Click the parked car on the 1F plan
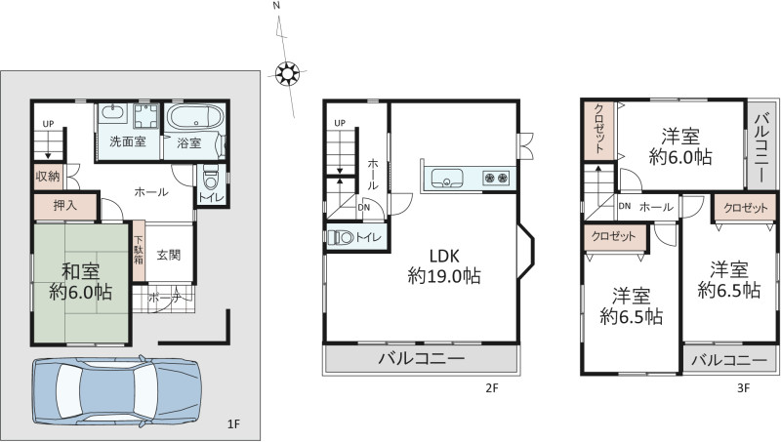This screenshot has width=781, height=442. pyautogui.click(x=116, y=391)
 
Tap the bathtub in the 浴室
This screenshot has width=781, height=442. pyautogui.click(x=194, y=119)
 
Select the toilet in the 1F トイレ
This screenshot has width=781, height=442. pyautogui.click(x=211, y=180)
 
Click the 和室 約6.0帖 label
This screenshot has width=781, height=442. pyautogui.click(x=80, y=282)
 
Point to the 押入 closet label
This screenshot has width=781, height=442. pyautogui.click(x=65, y=206)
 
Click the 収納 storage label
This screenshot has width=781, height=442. pyautogui.click(x=48, y=176)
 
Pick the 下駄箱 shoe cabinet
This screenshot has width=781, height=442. pyautogui.click(x=139, y=251)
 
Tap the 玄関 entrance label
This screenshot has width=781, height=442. pyautogui.click(x=168, y=255)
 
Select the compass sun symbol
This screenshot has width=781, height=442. pyautogui.click(x=287, y=74)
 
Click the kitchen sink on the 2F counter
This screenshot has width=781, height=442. pyautogui.click(x=447, y=178)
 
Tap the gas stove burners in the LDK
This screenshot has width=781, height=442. pyautogui.click(x=496, y=178)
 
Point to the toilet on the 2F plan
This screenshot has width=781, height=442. pyautogui.click(x=340, y=237)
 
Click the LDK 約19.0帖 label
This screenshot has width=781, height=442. pyautogui.click(x=444, y=265)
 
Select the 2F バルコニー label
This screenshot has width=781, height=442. pyautogui.click(x=422, y=358)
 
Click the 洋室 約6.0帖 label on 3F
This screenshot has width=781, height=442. pyautogui.click(x=680, y=146)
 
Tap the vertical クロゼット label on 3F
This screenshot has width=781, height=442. pyautogui.click(x=599, y=130)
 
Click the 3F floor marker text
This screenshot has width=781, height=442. pyautogui.click(x=743, y=388)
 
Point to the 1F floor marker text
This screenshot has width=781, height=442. pyautogui.click(x=233, y=424)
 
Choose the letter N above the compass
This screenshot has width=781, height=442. pyautogui.click(x=276, y=6)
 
